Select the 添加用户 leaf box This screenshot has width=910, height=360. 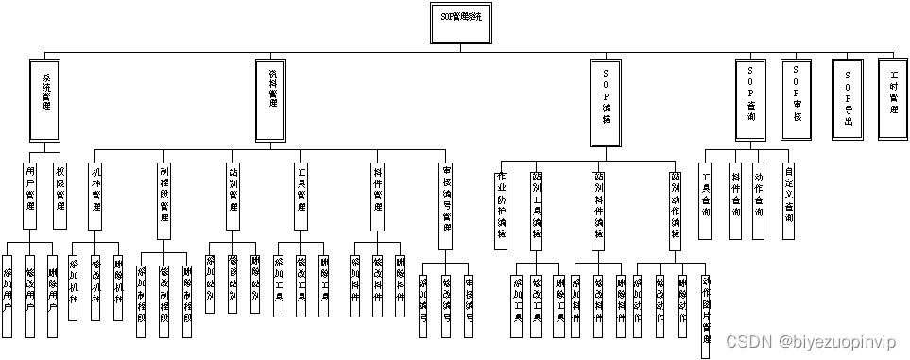(8, 295)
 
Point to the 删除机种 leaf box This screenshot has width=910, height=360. (118, 283)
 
